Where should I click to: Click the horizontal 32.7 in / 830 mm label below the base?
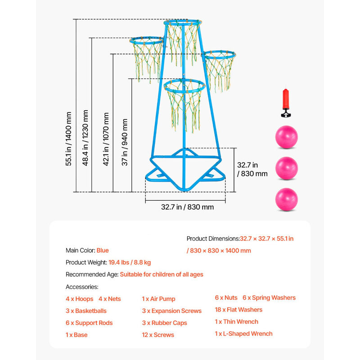pos(187,207)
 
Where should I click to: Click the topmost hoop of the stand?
pos(182,22)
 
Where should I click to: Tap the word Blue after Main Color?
pos(103,250)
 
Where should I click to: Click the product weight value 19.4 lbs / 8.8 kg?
pos(130,262)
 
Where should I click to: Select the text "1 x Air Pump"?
pos(158,299)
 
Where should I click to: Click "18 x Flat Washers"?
pos(238,310)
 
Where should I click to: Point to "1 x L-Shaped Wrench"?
pos(243,333)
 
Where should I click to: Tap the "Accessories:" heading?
pos(82,287)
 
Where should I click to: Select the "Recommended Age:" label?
pos(92,274)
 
